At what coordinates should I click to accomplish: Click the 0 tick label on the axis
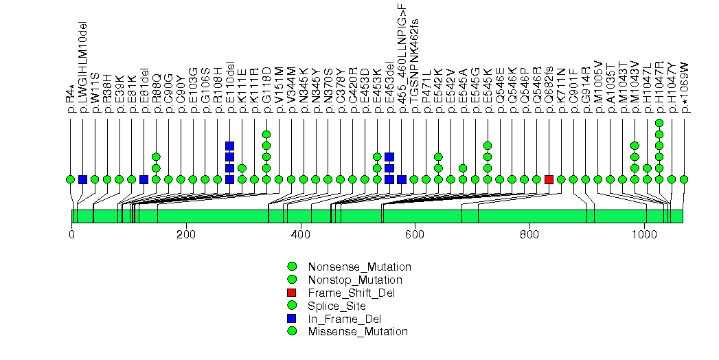click(x=71, y=234)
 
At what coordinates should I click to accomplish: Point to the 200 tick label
click(x=186, y=234)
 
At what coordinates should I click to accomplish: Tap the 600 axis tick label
click(x=415, y=234)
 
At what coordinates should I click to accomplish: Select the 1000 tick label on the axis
click(x=644, y=234)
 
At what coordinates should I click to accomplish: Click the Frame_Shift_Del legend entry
click(x=350, y=293)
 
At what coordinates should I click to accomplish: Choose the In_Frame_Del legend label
click(x=345, y=319)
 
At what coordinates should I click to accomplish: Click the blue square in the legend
click(x=292, y=319)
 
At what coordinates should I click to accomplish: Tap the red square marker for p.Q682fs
click(x=549, y=179)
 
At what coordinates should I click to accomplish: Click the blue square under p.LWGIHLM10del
click(x=82, y=179)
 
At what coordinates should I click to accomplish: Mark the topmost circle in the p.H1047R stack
click(x=659, y=124)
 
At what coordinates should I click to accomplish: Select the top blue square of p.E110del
click(x=230, y=146)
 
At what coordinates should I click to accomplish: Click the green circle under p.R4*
click(x=70, y=179)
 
